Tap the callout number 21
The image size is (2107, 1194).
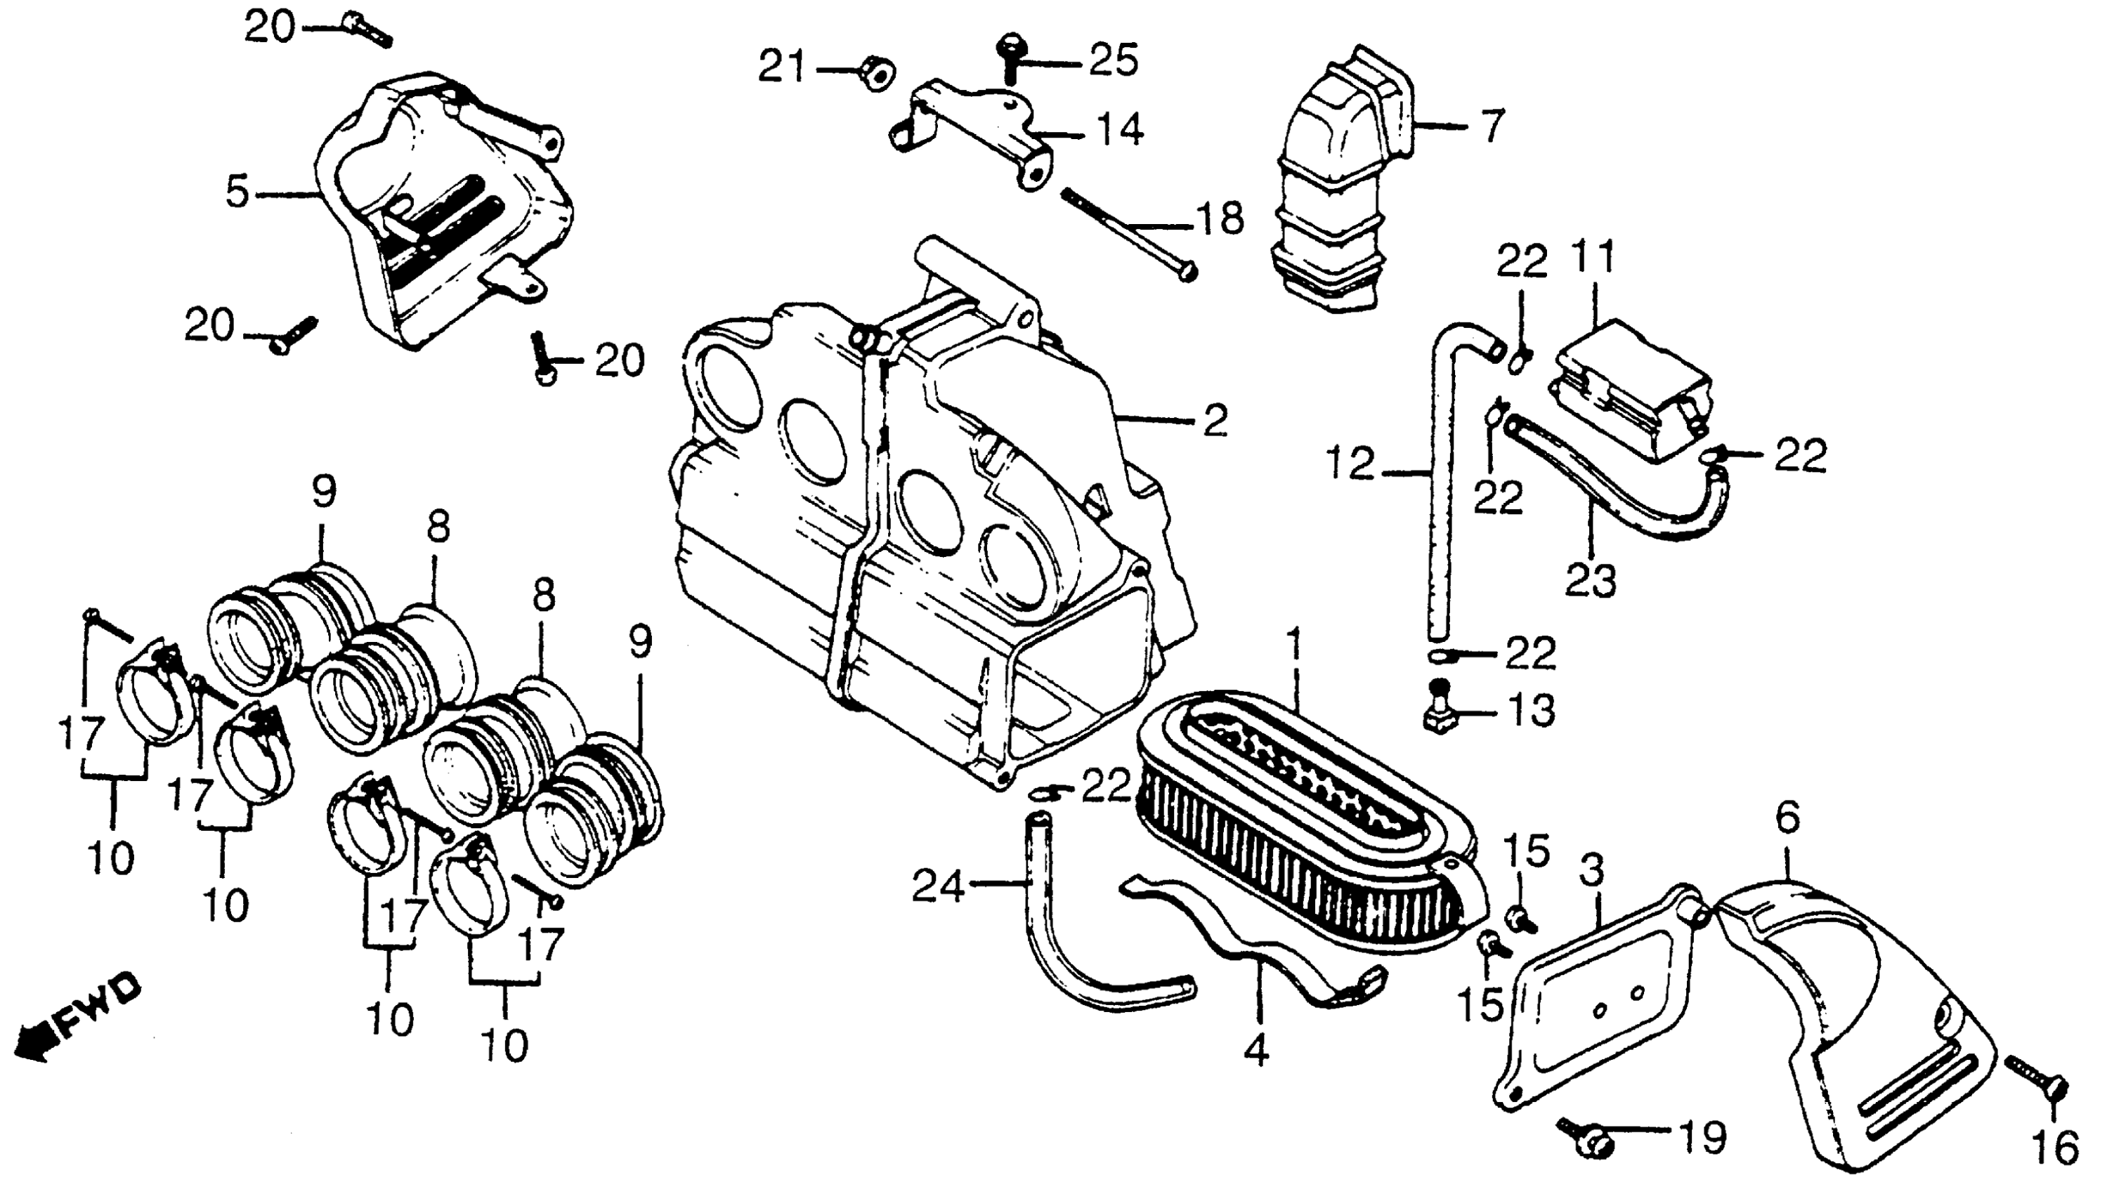click(x=782, y=67)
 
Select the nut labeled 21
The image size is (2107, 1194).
click(x=878, y=74)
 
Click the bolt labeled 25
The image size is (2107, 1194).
click(x=1010, y=54)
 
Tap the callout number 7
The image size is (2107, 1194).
click(x=1493, y=127)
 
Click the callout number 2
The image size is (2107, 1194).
click(x=1215, y=420)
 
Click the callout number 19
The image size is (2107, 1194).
click(x=1701, y=1139)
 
